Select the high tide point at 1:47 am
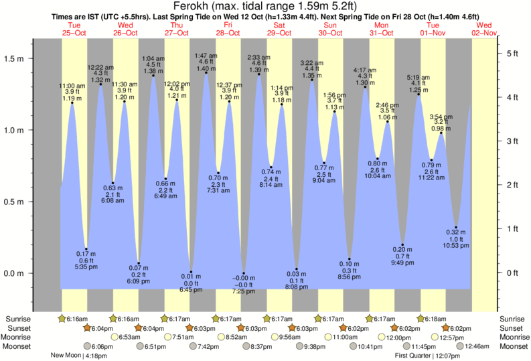click(206, 72)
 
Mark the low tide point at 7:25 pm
click(244, 275)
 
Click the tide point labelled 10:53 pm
click(455, 228)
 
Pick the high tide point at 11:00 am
click(72, 102)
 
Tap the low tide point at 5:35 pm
click(86, 249)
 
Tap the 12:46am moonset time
click(473, 346)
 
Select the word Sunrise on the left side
click(18, 319)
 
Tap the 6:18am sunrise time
click(435, 319)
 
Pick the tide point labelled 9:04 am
click(324, 163)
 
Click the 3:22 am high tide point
click(312, 80)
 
